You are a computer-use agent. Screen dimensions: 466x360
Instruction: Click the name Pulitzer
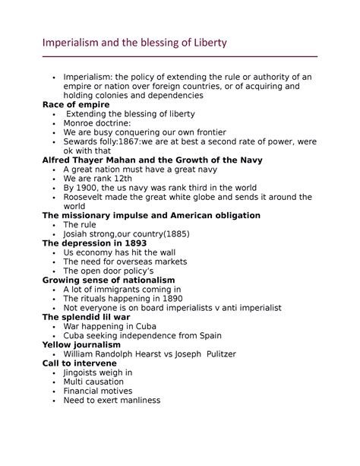216,354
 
